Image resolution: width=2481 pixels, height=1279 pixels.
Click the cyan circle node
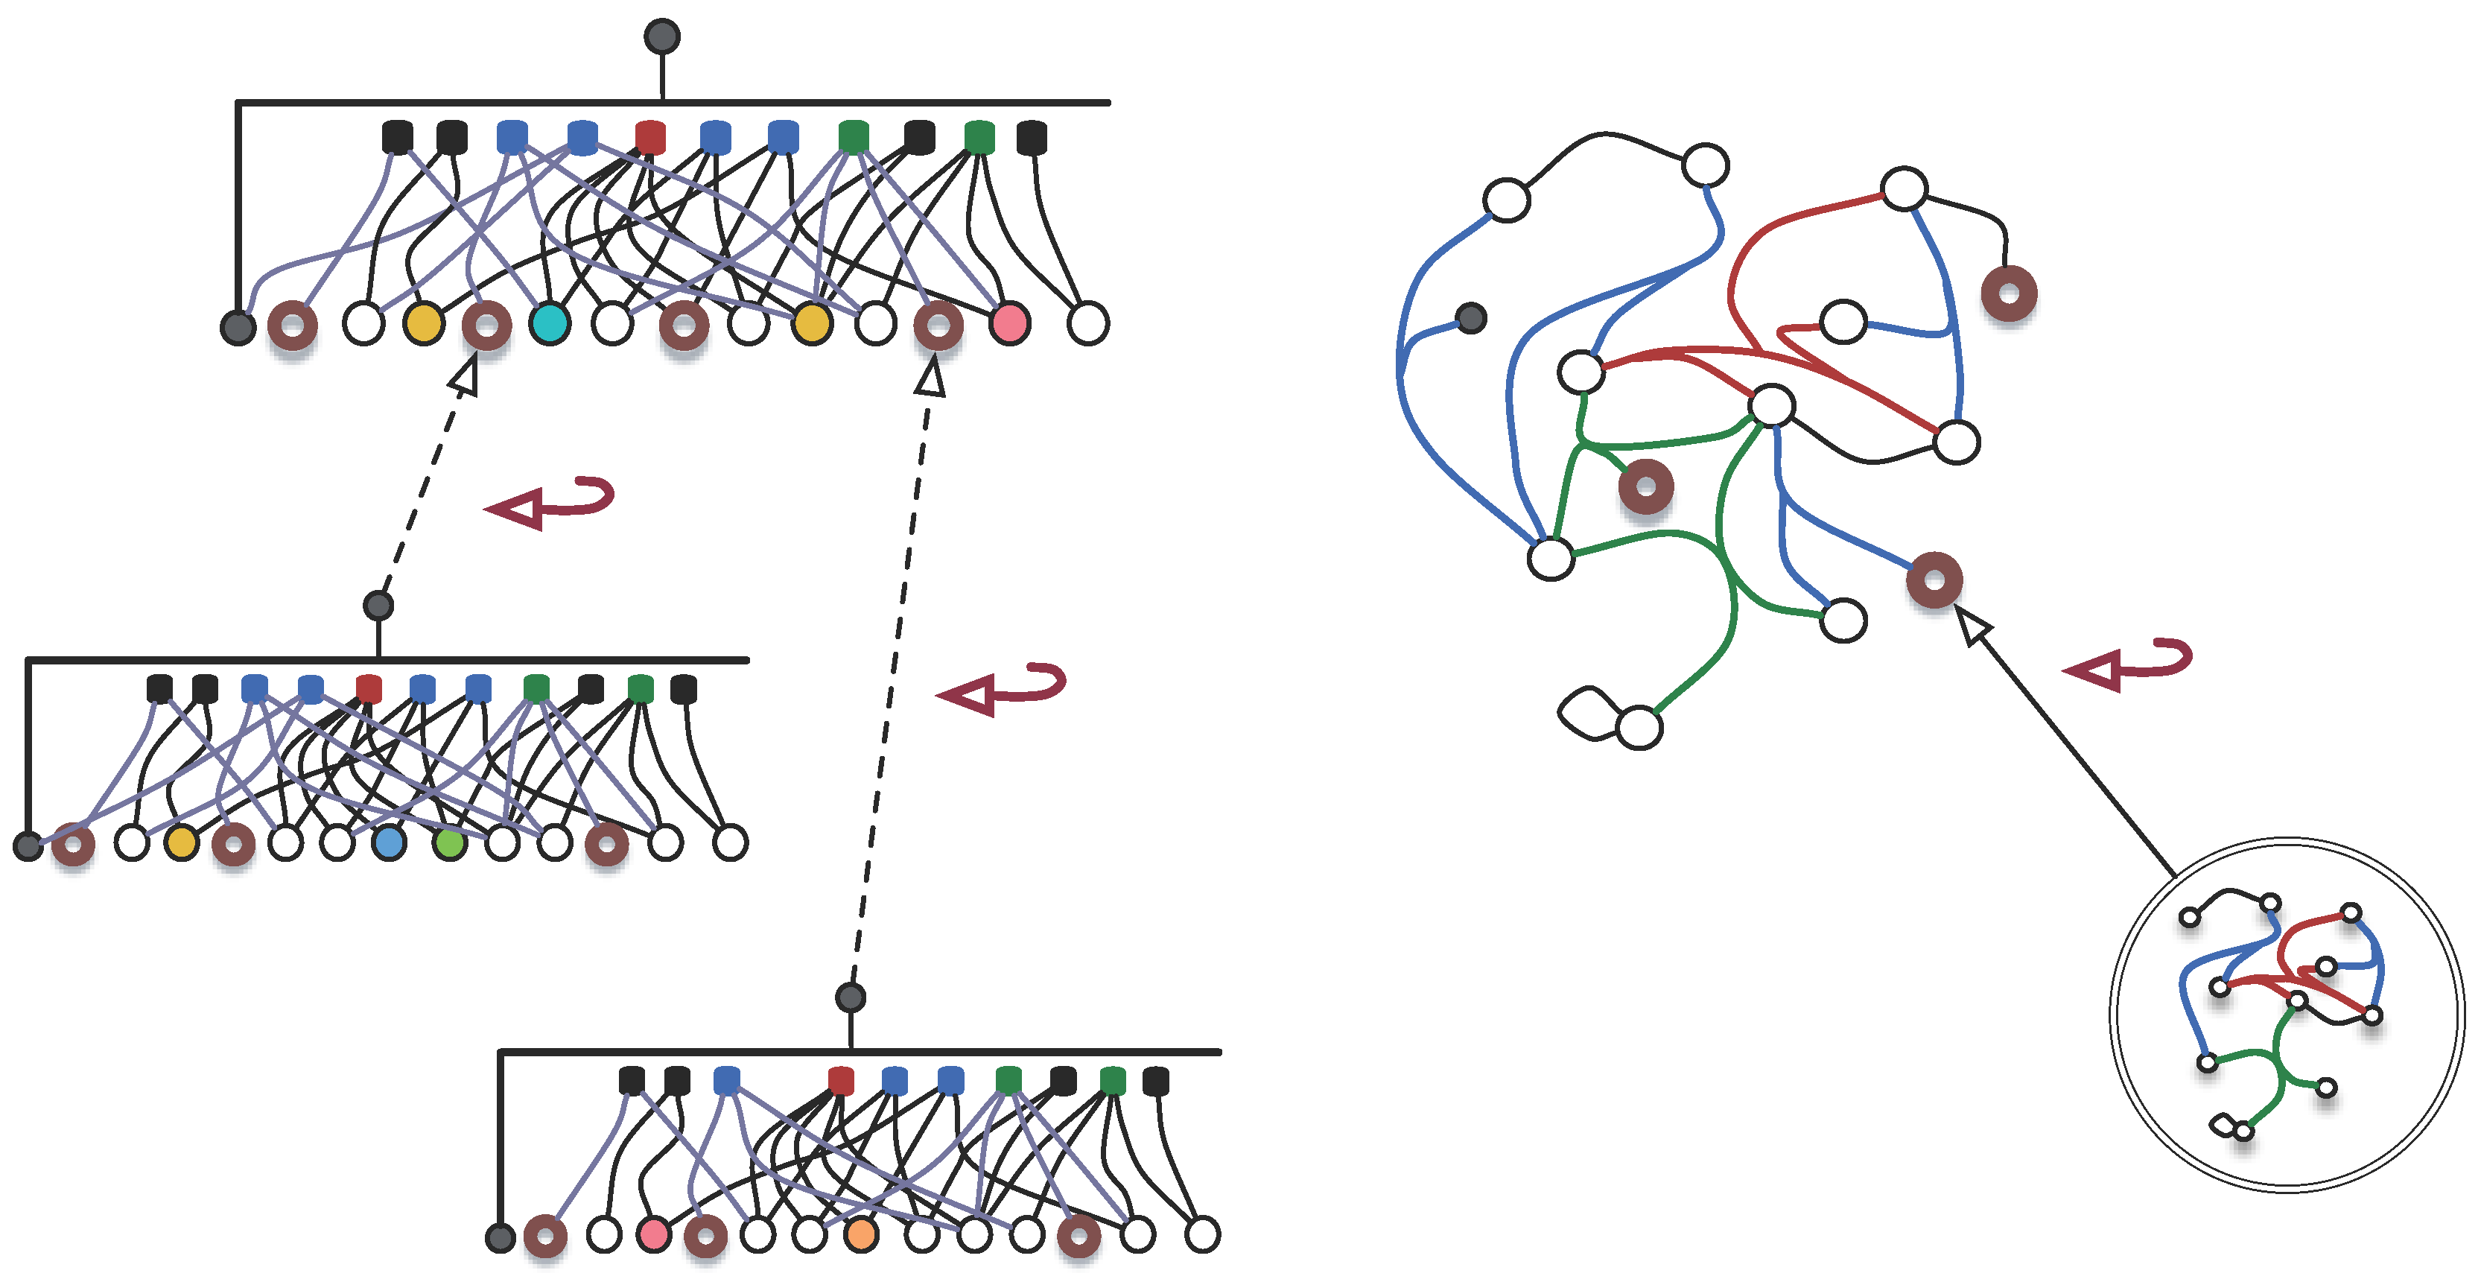(x=550, y=323)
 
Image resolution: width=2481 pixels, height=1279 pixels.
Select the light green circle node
(x=450, y=844)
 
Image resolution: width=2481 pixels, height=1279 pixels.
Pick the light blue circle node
(x=389, y=844)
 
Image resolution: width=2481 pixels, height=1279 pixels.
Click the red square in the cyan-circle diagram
(x=651, y=137)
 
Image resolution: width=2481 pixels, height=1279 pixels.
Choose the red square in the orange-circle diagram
(x=841, y=1081)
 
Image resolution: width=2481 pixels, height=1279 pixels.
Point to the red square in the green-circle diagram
(x=369, y=688)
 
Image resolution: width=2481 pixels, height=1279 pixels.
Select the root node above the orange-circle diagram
(x=851, y=997)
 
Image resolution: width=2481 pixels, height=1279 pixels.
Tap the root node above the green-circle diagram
(x=378, y=605)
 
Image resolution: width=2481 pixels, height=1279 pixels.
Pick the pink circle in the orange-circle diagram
(x=654, y=1235)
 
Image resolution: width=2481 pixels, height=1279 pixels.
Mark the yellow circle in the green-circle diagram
(x=181, y=844)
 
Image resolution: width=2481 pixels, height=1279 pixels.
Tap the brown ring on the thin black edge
(x=2009, y=293)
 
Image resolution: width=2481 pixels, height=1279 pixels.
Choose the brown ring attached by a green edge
(x=1646, y=486)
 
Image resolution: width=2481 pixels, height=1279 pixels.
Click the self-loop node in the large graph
(x=1639, y=727)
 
